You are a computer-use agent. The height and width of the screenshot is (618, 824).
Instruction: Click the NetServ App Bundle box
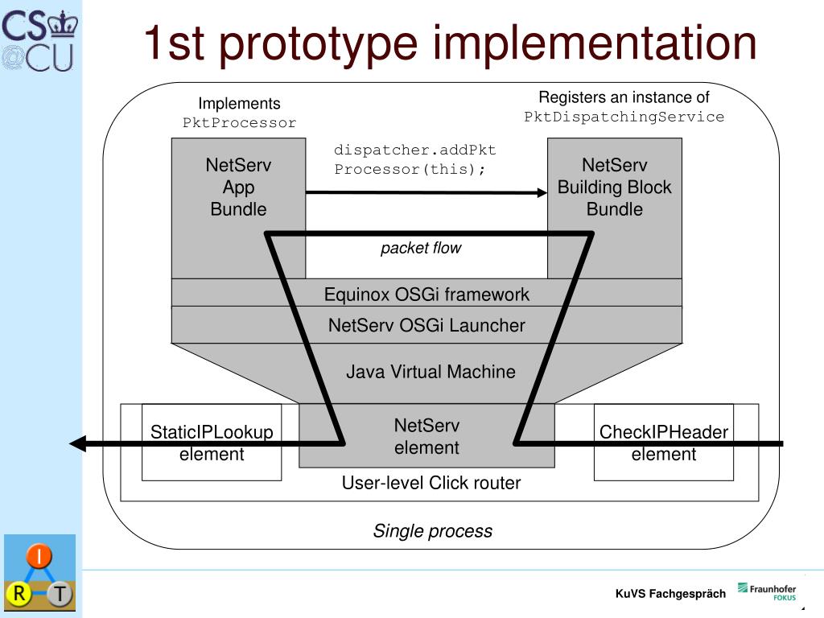point(238,187)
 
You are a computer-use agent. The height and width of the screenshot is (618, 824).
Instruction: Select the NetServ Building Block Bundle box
point(614,187)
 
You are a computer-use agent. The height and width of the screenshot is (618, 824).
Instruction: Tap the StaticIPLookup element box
point(212,443)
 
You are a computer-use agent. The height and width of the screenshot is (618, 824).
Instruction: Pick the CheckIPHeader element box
point(663,443)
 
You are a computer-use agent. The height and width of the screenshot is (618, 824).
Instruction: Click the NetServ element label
point(426,436)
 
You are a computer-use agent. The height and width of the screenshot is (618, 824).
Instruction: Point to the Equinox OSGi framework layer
point(426,294)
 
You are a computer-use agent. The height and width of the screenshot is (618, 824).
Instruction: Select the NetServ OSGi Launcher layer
point(426,325)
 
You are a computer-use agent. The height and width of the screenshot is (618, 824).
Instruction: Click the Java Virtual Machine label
point(431,372)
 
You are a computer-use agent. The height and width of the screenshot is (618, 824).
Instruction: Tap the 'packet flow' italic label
point(421,248)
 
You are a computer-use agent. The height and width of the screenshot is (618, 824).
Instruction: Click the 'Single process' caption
point(432,531)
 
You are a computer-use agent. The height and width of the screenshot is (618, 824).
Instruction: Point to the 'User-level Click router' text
point(431,483)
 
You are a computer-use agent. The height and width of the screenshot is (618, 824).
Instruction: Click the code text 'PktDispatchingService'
point(624,117)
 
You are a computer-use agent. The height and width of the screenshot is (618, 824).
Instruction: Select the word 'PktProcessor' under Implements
point(239,123)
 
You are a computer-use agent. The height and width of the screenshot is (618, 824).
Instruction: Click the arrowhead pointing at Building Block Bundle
point(542,192)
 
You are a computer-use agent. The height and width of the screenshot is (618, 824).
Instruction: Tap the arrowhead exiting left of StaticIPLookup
point(77,443)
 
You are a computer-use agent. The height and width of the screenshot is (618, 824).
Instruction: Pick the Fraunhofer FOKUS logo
point(767,592)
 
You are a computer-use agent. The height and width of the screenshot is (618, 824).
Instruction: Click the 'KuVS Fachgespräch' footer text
point(670,594)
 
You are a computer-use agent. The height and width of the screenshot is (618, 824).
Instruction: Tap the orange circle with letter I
point(39,557)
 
